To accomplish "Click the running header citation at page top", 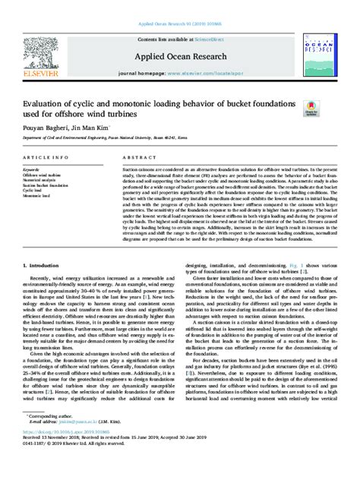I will tap(179, 13).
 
